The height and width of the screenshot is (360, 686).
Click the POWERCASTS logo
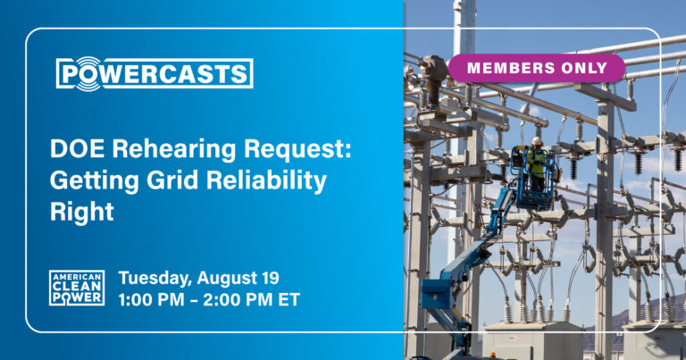[x=155, y=73]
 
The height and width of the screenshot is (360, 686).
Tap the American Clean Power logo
[x=77, y=288]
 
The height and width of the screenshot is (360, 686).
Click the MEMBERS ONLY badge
[x=537, y=68]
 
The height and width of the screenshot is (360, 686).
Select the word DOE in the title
[x=77, y=148]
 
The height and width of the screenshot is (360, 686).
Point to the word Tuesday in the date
[x=155, y=279]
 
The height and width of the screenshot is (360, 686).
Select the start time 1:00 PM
[x=151, y=300]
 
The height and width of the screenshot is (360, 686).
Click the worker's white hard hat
[x=536, y=142]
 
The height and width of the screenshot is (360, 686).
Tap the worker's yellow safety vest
[x=536, y=162]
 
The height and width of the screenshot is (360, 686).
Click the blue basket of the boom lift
[x=533, y=180]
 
